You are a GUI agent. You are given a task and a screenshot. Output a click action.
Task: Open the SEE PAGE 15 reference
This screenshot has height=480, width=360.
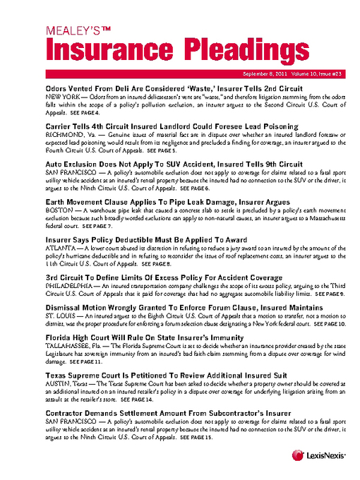click(x=196, y=438)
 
